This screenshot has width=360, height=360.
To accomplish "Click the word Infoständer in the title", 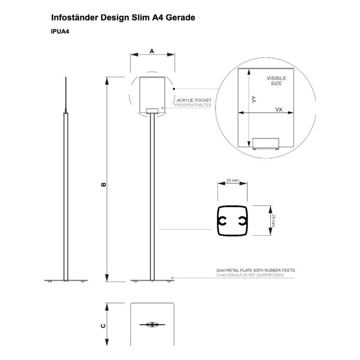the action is (x=75, y=18).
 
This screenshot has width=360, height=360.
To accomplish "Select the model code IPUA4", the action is (x=60, y=32).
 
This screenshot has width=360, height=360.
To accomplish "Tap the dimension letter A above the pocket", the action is (x=152, y=51).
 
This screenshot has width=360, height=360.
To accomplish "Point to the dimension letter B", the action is (x=103, y=184).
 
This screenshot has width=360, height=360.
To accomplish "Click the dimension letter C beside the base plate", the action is (x=103, y=326).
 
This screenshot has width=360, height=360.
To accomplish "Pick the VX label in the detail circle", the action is (x=278, y=109).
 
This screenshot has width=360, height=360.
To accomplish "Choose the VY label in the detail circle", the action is (x=254, y=99).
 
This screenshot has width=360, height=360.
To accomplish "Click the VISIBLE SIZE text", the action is (x=276, y=81).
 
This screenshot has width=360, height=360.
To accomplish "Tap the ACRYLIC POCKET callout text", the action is (x=194, y=100).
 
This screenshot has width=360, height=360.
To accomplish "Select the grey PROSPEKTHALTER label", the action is (x=193, y=105).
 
